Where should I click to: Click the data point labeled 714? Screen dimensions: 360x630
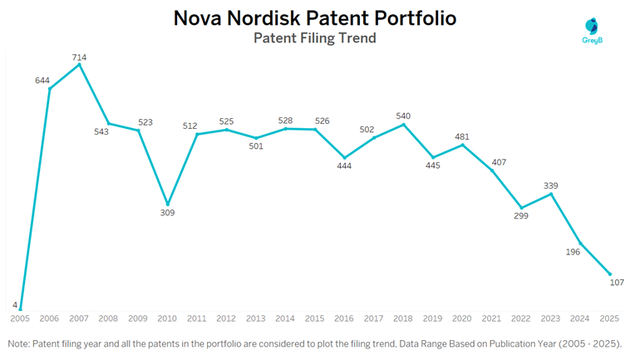(x=79, y=65)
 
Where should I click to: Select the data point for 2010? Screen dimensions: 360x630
(x=168, y=204)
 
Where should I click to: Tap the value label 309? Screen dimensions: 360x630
(x=168, y=214)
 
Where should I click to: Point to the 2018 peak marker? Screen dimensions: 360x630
(x=403, y=125)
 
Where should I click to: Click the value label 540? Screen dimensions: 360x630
(x=403, y=116)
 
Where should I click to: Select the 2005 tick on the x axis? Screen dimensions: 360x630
(x=20, y=318)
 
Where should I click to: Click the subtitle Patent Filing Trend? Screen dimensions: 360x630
(x=314, y=38)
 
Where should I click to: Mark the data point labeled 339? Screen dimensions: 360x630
(x=551, y=194)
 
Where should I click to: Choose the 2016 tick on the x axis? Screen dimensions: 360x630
(x=344, y=318)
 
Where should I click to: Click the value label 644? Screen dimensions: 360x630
(x=42, y=80)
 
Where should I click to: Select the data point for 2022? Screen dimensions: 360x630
(x=521, y=208)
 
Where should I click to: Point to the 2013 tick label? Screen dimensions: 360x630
(x=256, y=318)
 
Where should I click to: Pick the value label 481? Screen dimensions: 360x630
(x=462, y=136)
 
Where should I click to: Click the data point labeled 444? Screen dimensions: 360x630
(x=344, y=157)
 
